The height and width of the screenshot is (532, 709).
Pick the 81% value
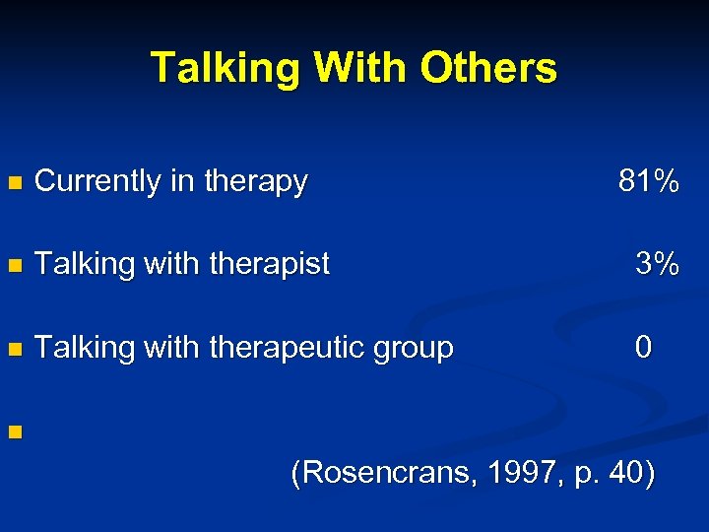(648, 181)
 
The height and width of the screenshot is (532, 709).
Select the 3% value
(656, 264)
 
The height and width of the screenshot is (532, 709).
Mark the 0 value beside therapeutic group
(643, 347)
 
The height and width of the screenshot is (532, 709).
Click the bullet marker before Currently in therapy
(13, 183)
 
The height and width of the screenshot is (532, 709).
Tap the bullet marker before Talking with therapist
(13, 266)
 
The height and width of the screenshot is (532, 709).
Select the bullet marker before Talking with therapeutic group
(13, 349)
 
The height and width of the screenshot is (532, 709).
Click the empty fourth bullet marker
(13, 432)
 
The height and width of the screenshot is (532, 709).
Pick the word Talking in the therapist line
(84, 264)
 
